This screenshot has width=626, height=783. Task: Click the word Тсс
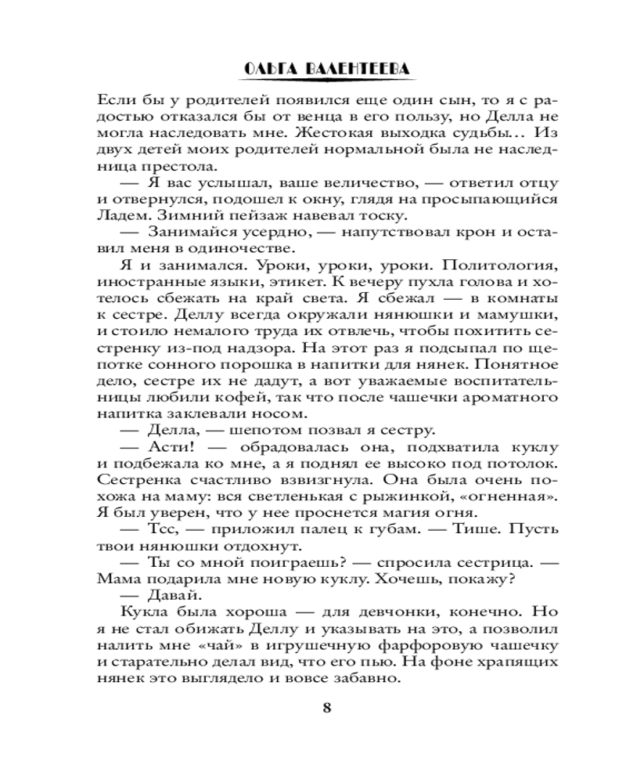coord(162,529)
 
